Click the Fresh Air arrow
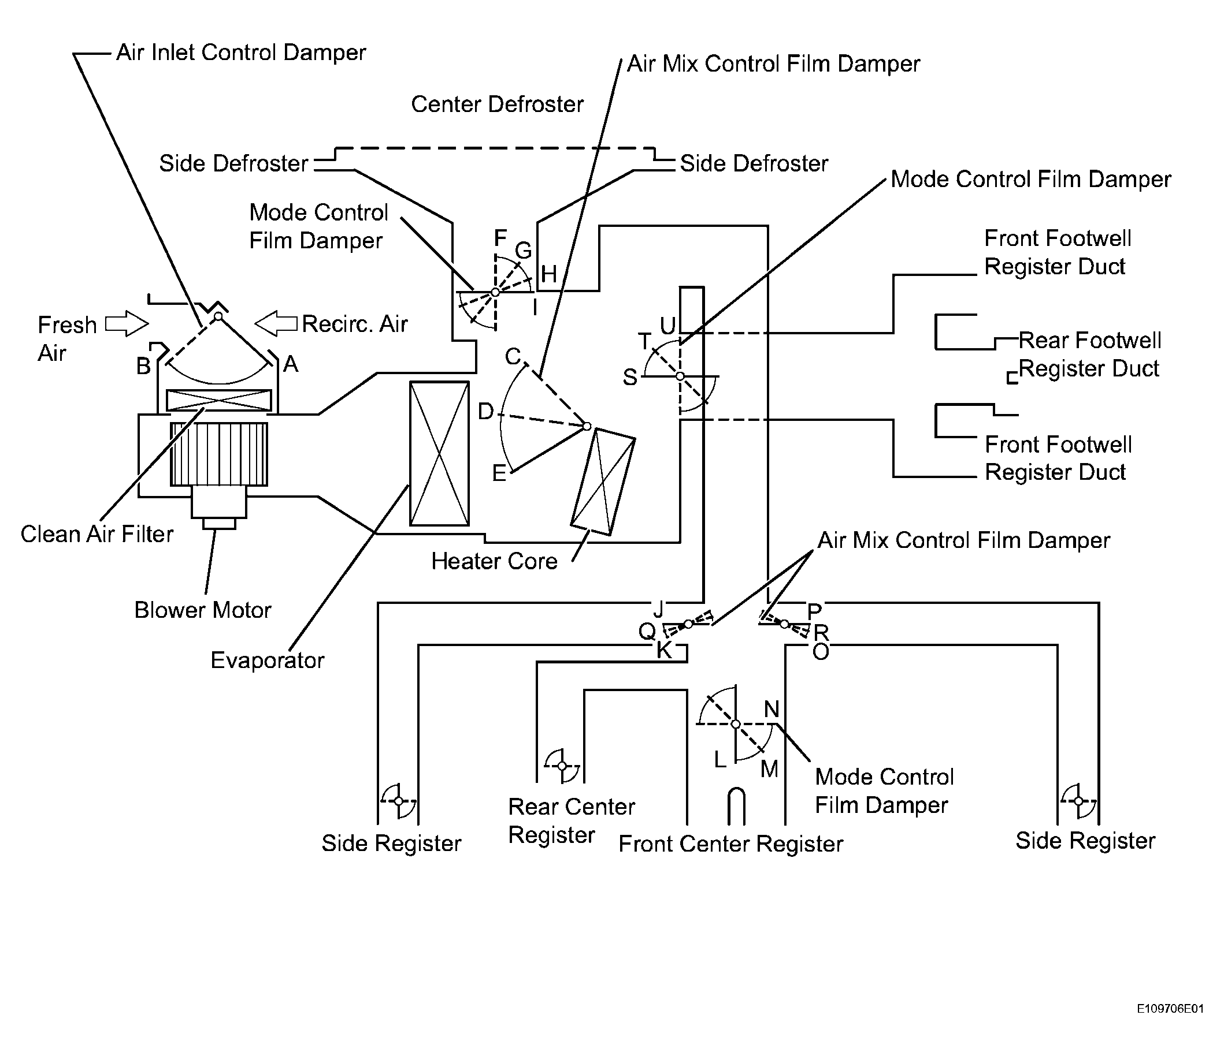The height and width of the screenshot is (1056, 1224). [x=127, y=323]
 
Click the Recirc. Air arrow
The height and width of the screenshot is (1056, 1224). [x=276, y=323]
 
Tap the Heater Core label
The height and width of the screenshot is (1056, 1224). [x=495, y=561]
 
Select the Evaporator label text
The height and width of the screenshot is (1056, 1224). [x=268, y=661]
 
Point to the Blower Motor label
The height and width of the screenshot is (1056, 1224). [x=203, y=610]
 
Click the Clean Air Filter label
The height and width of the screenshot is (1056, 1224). [x=97, y=534]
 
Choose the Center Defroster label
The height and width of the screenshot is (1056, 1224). [x=498, y=104]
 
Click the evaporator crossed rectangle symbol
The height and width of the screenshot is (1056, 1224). [x=440, y=453]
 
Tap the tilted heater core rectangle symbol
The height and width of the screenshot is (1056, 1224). [x=603, y=482]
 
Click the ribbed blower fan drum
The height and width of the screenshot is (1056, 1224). [x=219, y=454]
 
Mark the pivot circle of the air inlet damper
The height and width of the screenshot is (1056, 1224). [x=218, y=316]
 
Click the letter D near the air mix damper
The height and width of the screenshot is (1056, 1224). [x=485, y=412]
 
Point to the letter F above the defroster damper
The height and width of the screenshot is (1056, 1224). [x=500, y=238]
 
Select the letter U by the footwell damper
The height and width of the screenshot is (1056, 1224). [x=667, y=325]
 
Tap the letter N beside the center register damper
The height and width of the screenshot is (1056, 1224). [x=772, y=709]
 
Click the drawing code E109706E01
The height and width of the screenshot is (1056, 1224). [x=1170, y=1009]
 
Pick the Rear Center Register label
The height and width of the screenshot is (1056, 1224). [x=572, y=821]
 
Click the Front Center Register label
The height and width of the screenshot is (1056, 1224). [x=730, y=844]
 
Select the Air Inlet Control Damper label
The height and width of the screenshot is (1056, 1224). [x=241, y=53]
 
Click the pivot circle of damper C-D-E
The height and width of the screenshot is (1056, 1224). [x=587, y=426]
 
